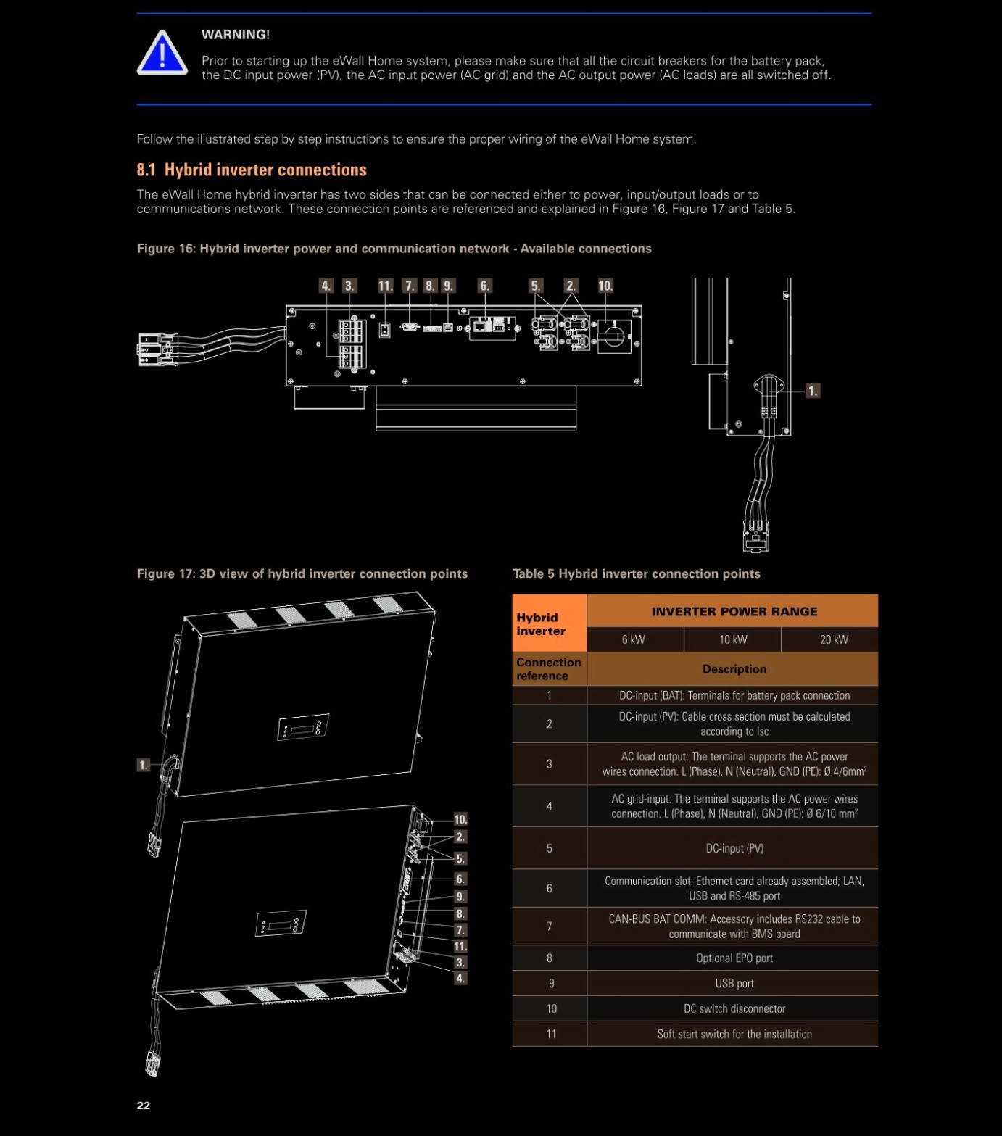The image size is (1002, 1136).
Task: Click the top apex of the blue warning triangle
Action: click(x=162, y=30)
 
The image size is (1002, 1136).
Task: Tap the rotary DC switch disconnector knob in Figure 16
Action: click(x=614, y=335)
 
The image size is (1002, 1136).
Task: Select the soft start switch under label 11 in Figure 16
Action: click(x=385, y=330)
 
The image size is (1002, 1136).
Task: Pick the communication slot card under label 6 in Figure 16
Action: click(x=493, y=328)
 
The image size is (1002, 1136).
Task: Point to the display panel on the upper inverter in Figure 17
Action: click(x=304, y=726)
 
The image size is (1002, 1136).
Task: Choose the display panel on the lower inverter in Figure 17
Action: click(x=281, y=923)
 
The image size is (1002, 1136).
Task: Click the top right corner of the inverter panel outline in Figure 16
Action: click(x=642, y=306)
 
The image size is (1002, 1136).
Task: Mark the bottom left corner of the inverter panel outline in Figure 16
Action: click(x=286, y=386)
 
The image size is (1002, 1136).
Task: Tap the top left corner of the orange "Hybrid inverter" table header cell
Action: click(x=513, y=594)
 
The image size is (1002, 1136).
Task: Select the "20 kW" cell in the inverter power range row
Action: click(x=834, y=639)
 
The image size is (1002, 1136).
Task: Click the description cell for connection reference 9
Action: click(x=734, y=983)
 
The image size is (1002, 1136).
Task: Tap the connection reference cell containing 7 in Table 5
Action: click(x=550, y=926)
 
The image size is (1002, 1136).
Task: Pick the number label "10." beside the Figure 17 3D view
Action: click(x=460, y=819)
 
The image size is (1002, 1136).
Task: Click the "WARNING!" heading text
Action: click(x=236, y=35)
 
